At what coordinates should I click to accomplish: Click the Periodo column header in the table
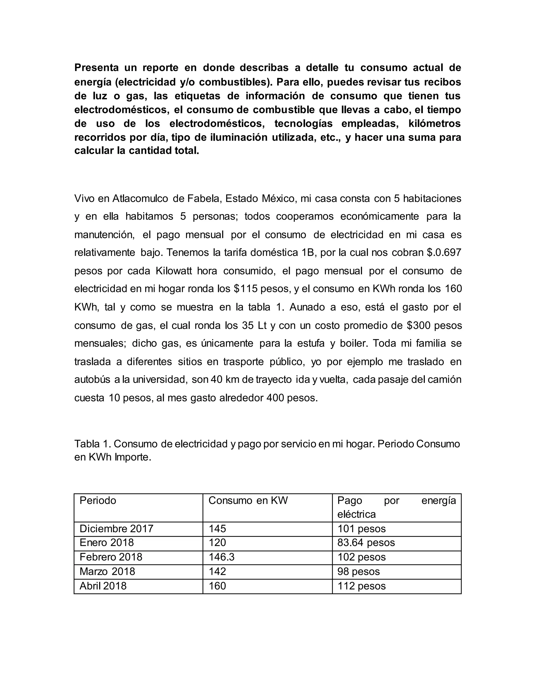[98, 500]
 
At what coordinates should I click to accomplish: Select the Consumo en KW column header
[248, 500]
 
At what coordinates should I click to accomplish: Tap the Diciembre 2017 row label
[116, 528]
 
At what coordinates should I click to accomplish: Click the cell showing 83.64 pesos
[366, 542]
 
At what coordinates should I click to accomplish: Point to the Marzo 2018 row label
[107, 571]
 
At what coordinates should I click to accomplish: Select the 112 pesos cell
[361, 586]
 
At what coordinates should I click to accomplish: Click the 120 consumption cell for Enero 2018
[217, 542]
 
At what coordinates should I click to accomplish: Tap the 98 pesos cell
[359, 571]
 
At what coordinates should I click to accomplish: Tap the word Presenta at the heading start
[97, 68]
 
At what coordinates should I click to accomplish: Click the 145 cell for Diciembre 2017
[217, 528]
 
